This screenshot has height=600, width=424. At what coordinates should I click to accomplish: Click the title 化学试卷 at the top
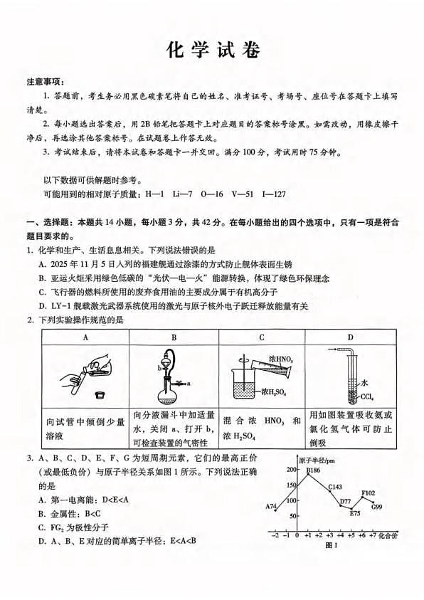[212, 50]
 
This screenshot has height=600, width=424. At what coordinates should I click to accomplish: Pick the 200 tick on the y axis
[291, 470]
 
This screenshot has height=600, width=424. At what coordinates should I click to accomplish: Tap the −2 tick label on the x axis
[276, 536]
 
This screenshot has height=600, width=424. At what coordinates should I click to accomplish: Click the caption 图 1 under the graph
[329, 546]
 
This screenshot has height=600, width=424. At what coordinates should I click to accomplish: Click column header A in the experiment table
[85, 337]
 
